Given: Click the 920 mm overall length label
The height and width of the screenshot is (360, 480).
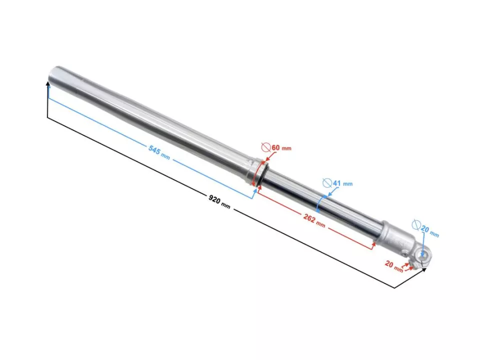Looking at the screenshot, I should [x=219, y=202].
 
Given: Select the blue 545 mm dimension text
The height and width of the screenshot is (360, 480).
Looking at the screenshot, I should [x=159, y=151].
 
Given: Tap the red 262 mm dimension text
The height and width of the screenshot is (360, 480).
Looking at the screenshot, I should [x=314, y=219].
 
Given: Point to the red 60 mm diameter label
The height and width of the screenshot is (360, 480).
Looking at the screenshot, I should [x=281, y=148].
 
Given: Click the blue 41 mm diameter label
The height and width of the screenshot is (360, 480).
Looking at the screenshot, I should [x=342, y=183].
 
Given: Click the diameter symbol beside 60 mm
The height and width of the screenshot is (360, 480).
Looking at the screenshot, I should [x=266, y=147].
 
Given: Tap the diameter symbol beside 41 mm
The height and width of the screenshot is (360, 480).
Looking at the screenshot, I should [x=327, y=182].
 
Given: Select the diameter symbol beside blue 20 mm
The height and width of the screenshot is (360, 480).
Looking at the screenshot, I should [x=416, y=224].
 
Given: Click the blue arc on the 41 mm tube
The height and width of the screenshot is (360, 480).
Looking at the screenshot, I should [x=320, y=203].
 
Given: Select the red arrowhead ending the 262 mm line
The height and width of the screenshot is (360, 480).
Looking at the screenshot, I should [x=373, y=246].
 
